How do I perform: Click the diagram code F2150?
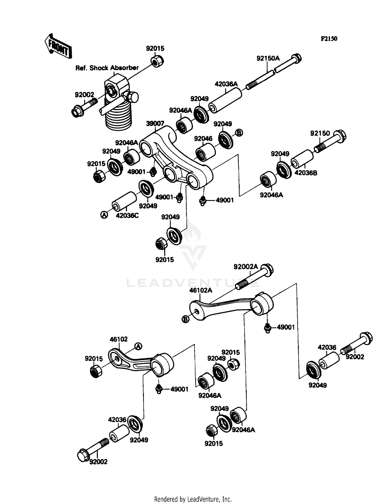point(329,39)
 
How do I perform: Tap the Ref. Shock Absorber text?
point(107,68)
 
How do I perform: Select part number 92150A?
point(268,58)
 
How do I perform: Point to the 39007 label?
point(155,124)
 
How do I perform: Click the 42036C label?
point(127,216)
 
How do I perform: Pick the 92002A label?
point(245,267)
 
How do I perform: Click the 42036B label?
point(306,173)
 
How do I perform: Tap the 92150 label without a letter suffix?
point(320,133)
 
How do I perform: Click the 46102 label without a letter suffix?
point(119,339)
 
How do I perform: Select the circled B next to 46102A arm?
point(185,319)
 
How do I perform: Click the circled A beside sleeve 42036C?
point(104,215)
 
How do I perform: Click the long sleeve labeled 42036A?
point(225,100)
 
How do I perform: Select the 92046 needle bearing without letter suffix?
point(205,153)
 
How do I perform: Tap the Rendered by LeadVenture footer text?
point(193,499)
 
